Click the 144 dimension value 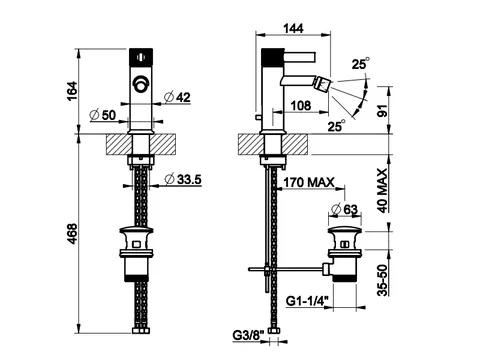coord(293,28)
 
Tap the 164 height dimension coord(72,91)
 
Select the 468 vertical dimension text coord(72,234)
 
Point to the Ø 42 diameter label coord(177,97)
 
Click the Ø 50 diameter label coord(103,115)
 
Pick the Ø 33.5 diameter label coord(183,179)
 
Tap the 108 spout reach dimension coord(301,106)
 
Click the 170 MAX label coord(309,182)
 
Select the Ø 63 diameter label coord(345,209)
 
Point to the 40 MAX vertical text coord(383,190)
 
